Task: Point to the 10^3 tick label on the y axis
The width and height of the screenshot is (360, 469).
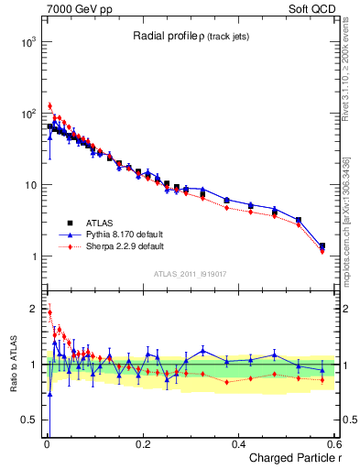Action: (x=26, y=43)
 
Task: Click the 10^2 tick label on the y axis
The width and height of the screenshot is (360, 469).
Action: (x=26, y=115)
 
